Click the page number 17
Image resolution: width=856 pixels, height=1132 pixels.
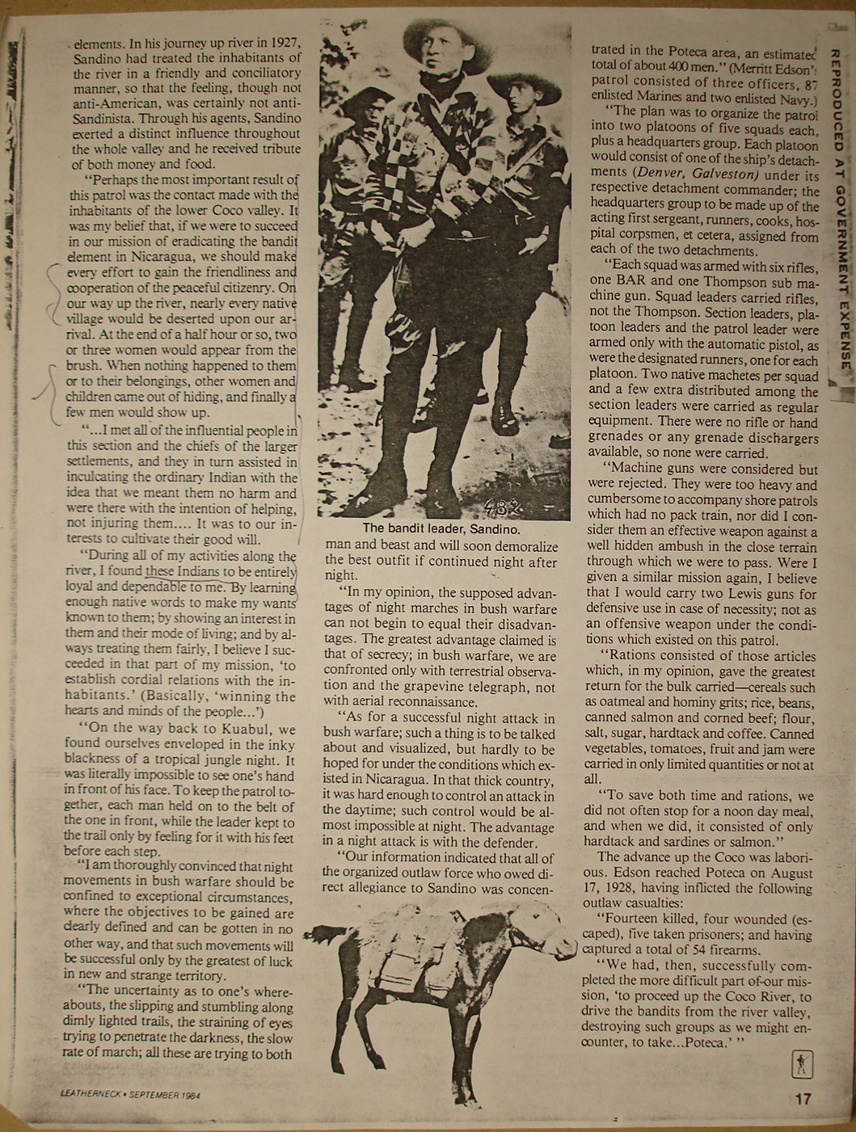pyautogui.click(x=803, y=1099)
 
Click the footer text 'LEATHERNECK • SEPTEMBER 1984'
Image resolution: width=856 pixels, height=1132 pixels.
pyautogui.click(x=130, y=1094)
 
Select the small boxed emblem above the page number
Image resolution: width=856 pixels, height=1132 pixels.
pyautogui.click(x=802, y=1065)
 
